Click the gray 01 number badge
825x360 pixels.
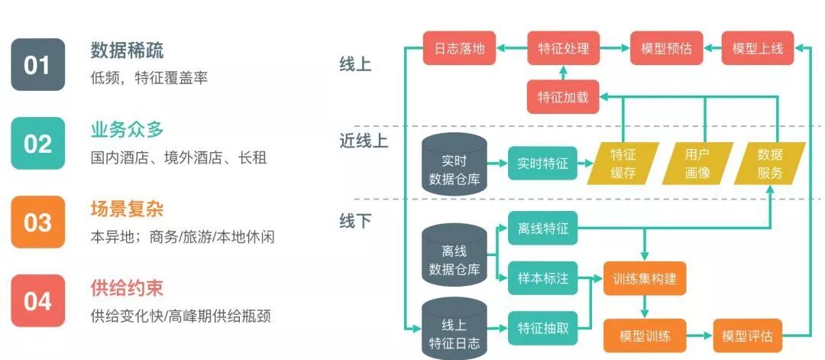37,65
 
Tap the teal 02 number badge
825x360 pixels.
37,144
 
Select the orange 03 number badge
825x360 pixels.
37,222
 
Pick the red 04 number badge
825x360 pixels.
37,301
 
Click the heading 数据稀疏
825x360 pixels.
127,50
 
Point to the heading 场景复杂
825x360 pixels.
127,209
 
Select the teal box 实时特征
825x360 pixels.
542,163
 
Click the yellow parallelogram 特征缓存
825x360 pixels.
623,163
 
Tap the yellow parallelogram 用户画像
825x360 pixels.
697,163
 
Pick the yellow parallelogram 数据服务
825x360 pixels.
769,163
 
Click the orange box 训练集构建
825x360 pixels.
644,278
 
